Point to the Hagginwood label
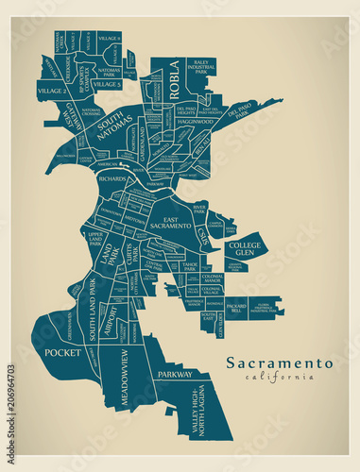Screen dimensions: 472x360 point(196,122)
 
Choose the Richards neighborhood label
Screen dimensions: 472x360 point(111,177)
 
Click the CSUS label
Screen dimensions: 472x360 point(202,234)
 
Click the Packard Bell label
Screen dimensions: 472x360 point(235,308)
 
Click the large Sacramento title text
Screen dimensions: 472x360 point(279,362)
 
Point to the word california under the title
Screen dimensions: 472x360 point(279,377)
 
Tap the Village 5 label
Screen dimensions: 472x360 point(107,85)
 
